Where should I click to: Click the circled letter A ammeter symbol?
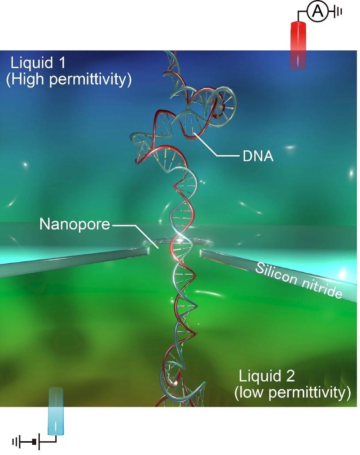[x=317, y=12]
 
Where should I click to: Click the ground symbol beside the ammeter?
[x=339, y=12]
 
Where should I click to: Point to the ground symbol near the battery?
[x=17, y=441]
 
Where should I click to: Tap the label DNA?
[x=258, y=156]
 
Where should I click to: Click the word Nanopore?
[x=74, y=224]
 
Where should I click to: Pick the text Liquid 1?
[x=38, y=62]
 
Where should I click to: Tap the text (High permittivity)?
[x=69, y=80]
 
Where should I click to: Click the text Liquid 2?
[x=267, y=376]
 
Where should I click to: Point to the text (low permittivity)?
[x=293, y=392]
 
